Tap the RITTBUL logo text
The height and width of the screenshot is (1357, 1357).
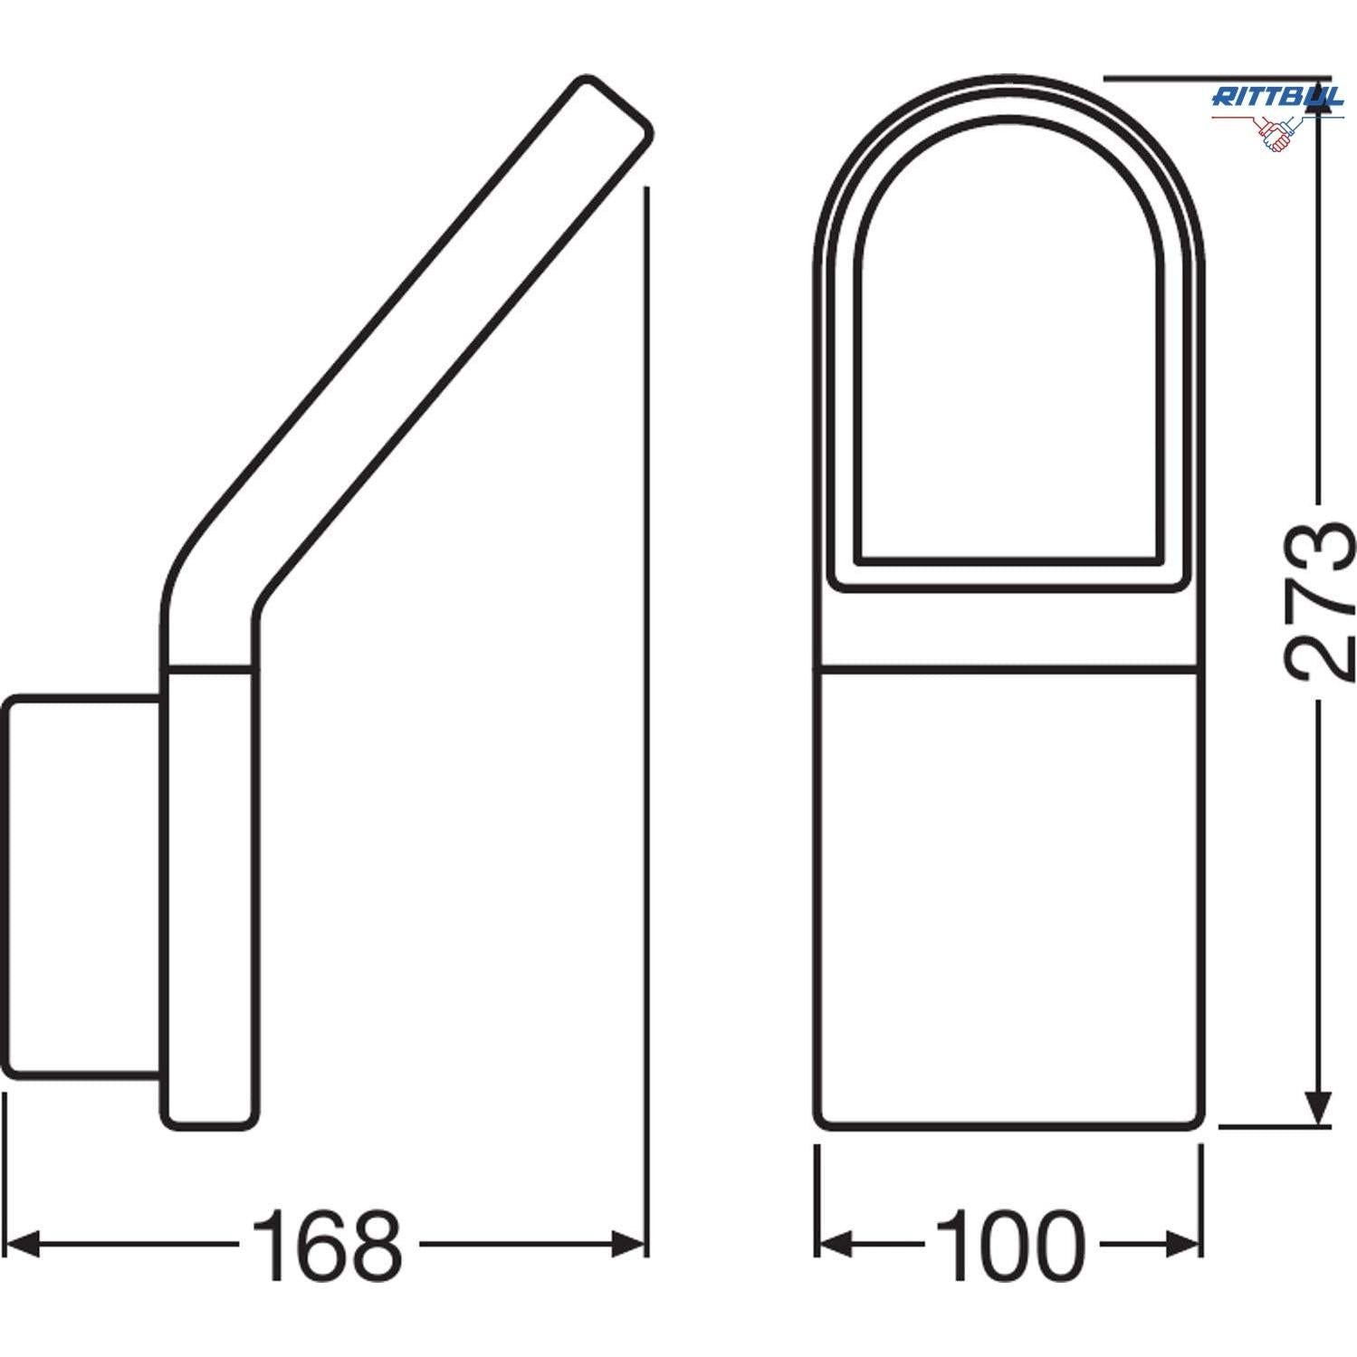coord(1276,98)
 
